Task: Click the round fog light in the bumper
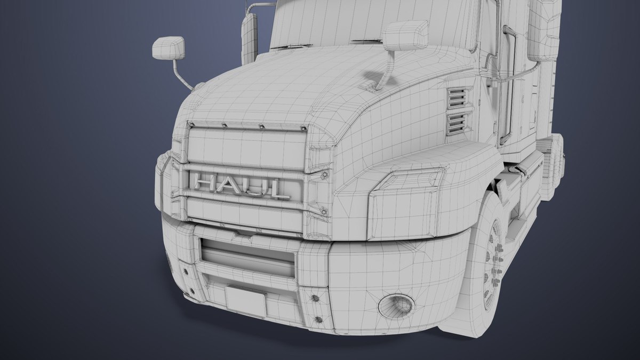(396, 305)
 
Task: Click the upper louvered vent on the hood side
(457, 99)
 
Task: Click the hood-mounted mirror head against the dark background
(168, 48)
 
